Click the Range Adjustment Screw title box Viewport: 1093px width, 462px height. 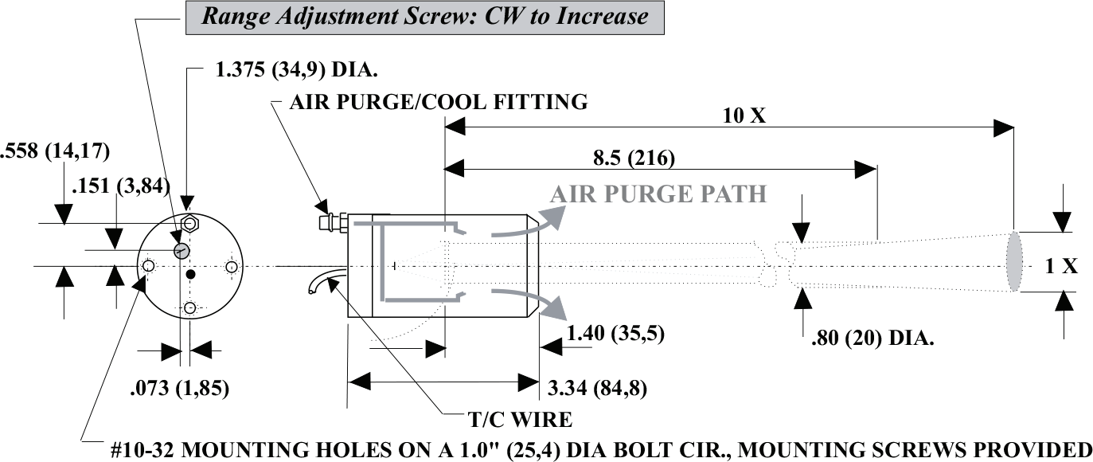pyautogui.click(x=424, y=17)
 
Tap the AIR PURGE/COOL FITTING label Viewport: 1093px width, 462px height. pyautogui.click(x=440, y=102)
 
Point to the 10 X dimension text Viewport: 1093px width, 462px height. pyautogui.click(x=745, y=115)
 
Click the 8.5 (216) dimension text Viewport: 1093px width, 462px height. pyautogui.click(x=634, y=157)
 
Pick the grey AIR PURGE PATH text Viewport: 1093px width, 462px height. pyautogui.click(x=658, y=194)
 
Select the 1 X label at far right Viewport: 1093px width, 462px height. pyautogui.click(x=1061, y=267)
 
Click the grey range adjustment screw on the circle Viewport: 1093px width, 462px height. pyautogui.click(x=182, y=250)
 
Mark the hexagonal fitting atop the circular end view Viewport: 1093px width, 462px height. pyautogui.click(x=189, y=223)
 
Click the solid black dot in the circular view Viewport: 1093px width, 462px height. pyautogui.click(x=189, y=275)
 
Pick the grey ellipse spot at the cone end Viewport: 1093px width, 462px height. pyautogui.click(x=1013, y=261)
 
